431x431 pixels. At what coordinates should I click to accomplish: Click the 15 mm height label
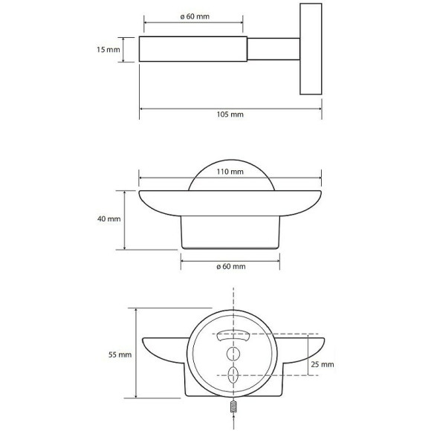(108, 50)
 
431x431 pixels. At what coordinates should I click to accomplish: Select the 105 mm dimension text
(231, 115)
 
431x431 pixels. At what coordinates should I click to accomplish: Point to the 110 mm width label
(231, 172)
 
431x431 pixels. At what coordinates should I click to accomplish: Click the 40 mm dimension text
(108, 219)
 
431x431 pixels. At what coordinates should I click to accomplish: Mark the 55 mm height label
(120, 355)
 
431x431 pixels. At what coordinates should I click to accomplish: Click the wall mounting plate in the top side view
(310, 50)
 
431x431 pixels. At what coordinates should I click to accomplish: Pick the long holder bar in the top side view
(194, 50)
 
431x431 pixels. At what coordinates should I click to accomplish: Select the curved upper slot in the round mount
(233, 334)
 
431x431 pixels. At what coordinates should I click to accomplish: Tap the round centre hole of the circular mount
(233, 353)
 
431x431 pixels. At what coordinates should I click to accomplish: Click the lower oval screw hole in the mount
(233, 373)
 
